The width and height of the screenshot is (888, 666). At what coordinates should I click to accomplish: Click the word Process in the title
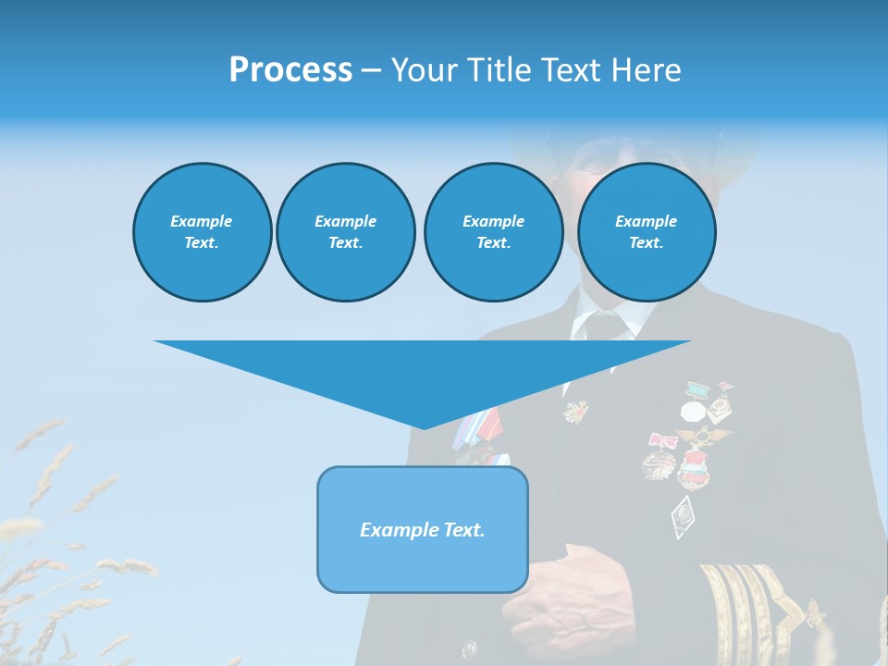[x=290, y=70]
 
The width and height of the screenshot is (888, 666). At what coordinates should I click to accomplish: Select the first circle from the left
[x=202, y=232]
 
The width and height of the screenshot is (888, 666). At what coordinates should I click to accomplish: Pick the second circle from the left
[x=345, y=232]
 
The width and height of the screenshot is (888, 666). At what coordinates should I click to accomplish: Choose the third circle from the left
[x=493, y=232]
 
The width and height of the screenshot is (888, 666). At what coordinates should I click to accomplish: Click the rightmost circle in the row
[x=646, y=232]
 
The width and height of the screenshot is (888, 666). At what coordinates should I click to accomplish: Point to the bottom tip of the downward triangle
[x=424, y=427]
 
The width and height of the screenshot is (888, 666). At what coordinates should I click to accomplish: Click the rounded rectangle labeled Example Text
[x=423, y=529]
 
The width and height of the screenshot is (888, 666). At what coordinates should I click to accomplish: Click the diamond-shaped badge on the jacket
[x=684, y=515]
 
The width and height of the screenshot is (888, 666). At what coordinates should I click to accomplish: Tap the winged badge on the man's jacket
[x=702, y=435]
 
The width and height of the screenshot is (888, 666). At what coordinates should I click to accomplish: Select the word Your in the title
[x=425, y=70]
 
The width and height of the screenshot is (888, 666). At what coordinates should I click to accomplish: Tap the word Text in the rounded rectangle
[x=463, y=530]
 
